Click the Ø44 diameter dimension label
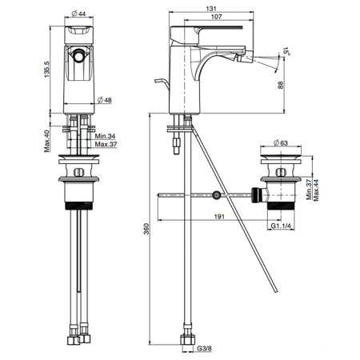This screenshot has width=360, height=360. point(78,14)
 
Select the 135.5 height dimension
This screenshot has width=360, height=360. point(46,70)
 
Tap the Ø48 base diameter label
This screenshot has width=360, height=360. point(105,100)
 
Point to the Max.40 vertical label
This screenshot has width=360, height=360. point(47,141)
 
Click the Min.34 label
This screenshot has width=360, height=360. point(106,136)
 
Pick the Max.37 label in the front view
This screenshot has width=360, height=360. point(106,144)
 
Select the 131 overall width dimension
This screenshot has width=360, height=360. point(211,9)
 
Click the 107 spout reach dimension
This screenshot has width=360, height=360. point(216,17)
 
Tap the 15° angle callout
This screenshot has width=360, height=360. point(286,50)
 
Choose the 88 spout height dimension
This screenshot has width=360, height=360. point(281,85)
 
